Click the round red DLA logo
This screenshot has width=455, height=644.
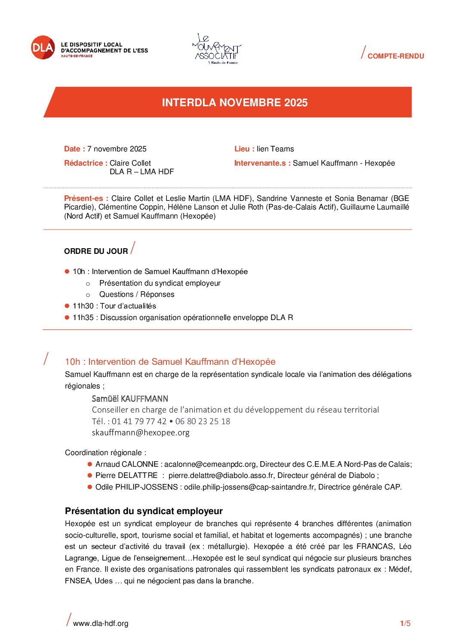[43, 47]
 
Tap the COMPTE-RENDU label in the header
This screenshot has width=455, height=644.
[395, 56]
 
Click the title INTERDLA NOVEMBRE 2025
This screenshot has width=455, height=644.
[234, 102]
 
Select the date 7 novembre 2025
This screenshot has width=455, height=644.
[117, 149]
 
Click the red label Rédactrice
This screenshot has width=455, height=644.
[85, 163]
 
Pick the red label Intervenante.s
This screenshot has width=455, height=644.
[262, 163]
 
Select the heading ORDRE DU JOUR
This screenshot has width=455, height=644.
[96, 251]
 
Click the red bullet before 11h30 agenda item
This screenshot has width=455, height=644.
[67, 306]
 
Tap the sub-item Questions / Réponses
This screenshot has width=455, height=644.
[137, 294]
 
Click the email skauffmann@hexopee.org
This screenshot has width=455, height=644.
[141, 432]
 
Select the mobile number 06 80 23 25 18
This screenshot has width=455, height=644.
[203, 421]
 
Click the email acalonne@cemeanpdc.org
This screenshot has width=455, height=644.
[210, 464]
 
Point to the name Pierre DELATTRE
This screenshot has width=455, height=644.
[126, 475]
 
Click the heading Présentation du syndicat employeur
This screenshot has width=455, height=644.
[144, 511]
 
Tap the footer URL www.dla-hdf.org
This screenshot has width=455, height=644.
[101, 623]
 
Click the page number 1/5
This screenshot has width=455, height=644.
[405, 623]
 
